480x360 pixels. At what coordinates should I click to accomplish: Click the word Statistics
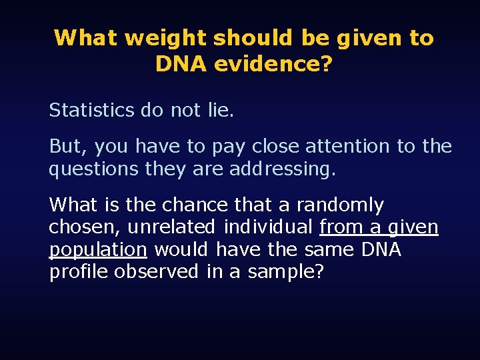91,110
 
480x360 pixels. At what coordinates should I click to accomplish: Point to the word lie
220,110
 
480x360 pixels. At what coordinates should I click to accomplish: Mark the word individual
268,227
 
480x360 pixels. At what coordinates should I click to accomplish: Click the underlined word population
98,250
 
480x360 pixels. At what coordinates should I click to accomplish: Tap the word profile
79,272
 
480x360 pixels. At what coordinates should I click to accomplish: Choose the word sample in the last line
286,272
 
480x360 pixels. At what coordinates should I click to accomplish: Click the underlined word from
341,227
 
